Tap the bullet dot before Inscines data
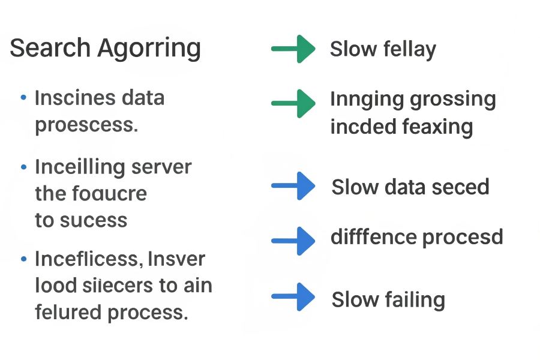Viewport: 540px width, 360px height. pyautogui.click(x=23, y=97)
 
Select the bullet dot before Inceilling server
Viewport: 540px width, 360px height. pyautogui.click(x=23, y=166)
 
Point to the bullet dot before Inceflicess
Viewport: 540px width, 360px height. pyautogui.click(x=23, y=259)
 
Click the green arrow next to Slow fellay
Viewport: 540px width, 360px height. pyautogui.click(x=293, y=49)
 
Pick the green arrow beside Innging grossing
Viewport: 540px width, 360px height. pyautogui.click(x=293, y=103)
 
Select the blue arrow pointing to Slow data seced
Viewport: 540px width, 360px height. pyautogui.click(x=293, y=186)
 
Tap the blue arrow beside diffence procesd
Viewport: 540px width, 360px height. pyautogui.click(x=293, y=241)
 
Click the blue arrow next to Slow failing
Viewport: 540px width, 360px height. pyautogui.click(x=293, y=297)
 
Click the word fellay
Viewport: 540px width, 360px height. pyautogui.click(x=409, y=49)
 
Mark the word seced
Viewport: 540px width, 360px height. pyautogui.click(x=459, y=187)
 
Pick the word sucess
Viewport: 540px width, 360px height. pyautogui.click(x=93, y=220)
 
